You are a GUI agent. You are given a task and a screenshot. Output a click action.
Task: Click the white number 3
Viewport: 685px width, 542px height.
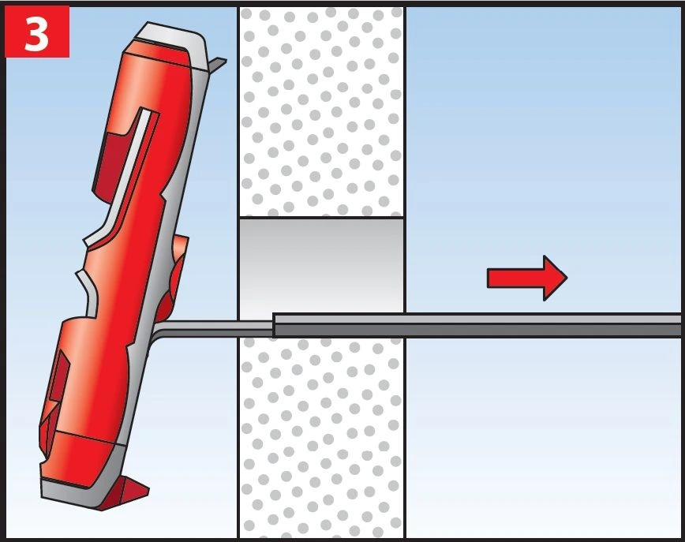pyautogui.click(x=36, y=32)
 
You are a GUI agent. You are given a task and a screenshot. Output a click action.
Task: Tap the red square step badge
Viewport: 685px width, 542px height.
pyautogui.click(x=37, y=32)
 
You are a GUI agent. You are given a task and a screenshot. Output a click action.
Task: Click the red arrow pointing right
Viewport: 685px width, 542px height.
pyautogui.click(x=527, y=278)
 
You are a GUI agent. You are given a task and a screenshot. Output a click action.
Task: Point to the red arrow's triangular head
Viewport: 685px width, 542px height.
pyautogui.click(x=556, y=278)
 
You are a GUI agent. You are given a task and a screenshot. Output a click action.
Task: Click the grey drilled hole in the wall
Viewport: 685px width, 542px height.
pyautogui.click(x=321, y=265)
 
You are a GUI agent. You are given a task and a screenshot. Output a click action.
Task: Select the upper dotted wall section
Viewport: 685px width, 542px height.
pyautogui.click(x=321, y=112)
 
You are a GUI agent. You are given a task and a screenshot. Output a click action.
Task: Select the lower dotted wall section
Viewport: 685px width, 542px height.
pyautogui.click(x=321, y=438)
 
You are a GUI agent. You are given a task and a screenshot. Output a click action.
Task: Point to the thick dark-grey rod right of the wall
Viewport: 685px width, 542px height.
pyautogui.click(x=477, y=325)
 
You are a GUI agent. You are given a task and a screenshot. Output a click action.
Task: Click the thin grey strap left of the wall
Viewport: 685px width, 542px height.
pyautogui.click(x=214, y=328)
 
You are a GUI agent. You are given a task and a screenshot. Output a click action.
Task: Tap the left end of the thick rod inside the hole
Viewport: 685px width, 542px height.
pyautogui.click(x=274, y=325)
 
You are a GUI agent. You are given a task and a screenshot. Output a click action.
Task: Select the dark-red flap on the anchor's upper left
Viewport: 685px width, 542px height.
pyautogui.click(x=108, y=166)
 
